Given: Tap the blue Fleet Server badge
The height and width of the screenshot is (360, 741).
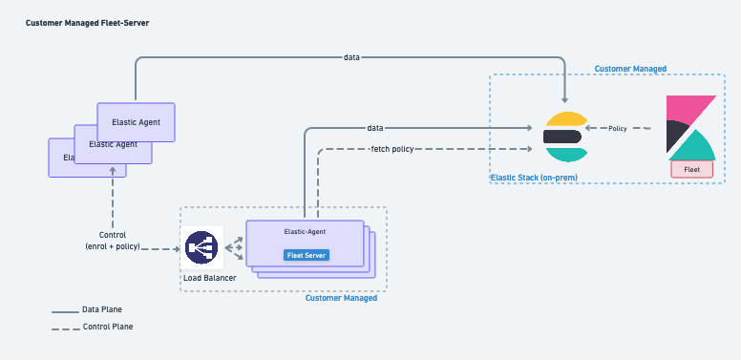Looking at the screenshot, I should [305, 255].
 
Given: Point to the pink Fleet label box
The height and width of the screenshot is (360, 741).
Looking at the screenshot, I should [693, 169].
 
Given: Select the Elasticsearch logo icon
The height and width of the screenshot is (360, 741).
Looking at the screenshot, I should [563, 136].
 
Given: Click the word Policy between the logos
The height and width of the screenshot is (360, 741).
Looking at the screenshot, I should [618, 128].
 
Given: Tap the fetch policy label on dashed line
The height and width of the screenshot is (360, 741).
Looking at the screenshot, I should [392, 149].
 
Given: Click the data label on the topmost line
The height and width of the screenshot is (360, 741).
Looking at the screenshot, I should [351, 57].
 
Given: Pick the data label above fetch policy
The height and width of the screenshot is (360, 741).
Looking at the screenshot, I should [375, 127].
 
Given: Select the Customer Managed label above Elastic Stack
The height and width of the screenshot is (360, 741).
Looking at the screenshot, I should [630, 69].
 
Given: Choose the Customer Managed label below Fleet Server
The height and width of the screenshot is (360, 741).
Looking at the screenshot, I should [341, 298].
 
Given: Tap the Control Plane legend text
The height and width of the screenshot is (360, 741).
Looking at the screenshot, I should [108, 327].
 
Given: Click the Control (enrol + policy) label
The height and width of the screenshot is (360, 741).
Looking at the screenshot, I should [113, 241].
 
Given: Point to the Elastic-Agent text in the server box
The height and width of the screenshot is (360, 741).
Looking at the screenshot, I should [305, 232].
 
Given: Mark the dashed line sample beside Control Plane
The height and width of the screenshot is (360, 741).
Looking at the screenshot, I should [65, 328].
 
